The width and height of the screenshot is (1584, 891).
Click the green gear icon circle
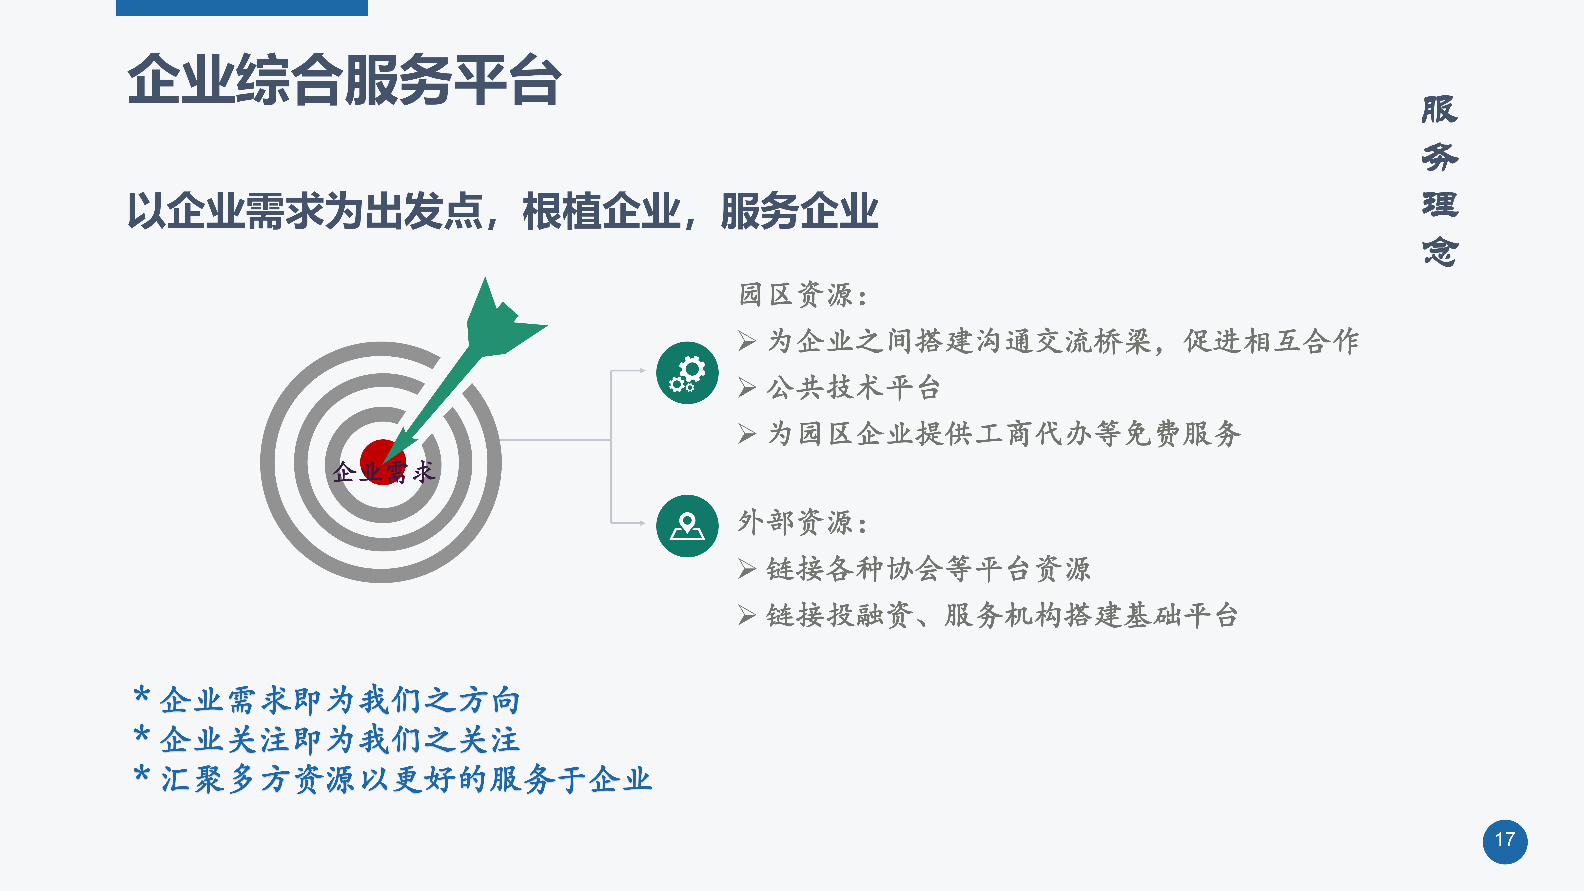pyautogui.click(x=687, y=373)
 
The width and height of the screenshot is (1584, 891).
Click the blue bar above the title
pyautogui.click(x=242, y=8)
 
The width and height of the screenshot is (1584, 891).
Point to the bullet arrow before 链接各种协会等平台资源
pyautogui.click(x=747, y=569)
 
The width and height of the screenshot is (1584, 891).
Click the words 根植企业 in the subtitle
pyautogui.click(x=601, y=211)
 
